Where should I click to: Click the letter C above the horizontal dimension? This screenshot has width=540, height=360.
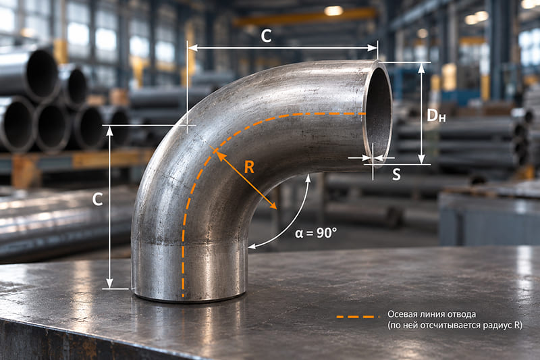point(266,36)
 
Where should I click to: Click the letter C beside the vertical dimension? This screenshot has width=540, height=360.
point(97,199)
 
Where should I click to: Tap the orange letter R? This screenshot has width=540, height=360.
point(249,167)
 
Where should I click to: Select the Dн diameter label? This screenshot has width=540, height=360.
point(436,115)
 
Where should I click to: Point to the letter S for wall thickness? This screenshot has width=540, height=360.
point(396,174)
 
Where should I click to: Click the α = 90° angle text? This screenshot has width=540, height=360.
point(316,233)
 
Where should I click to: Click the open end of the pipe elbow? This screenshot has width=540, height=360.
point(378,113)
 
